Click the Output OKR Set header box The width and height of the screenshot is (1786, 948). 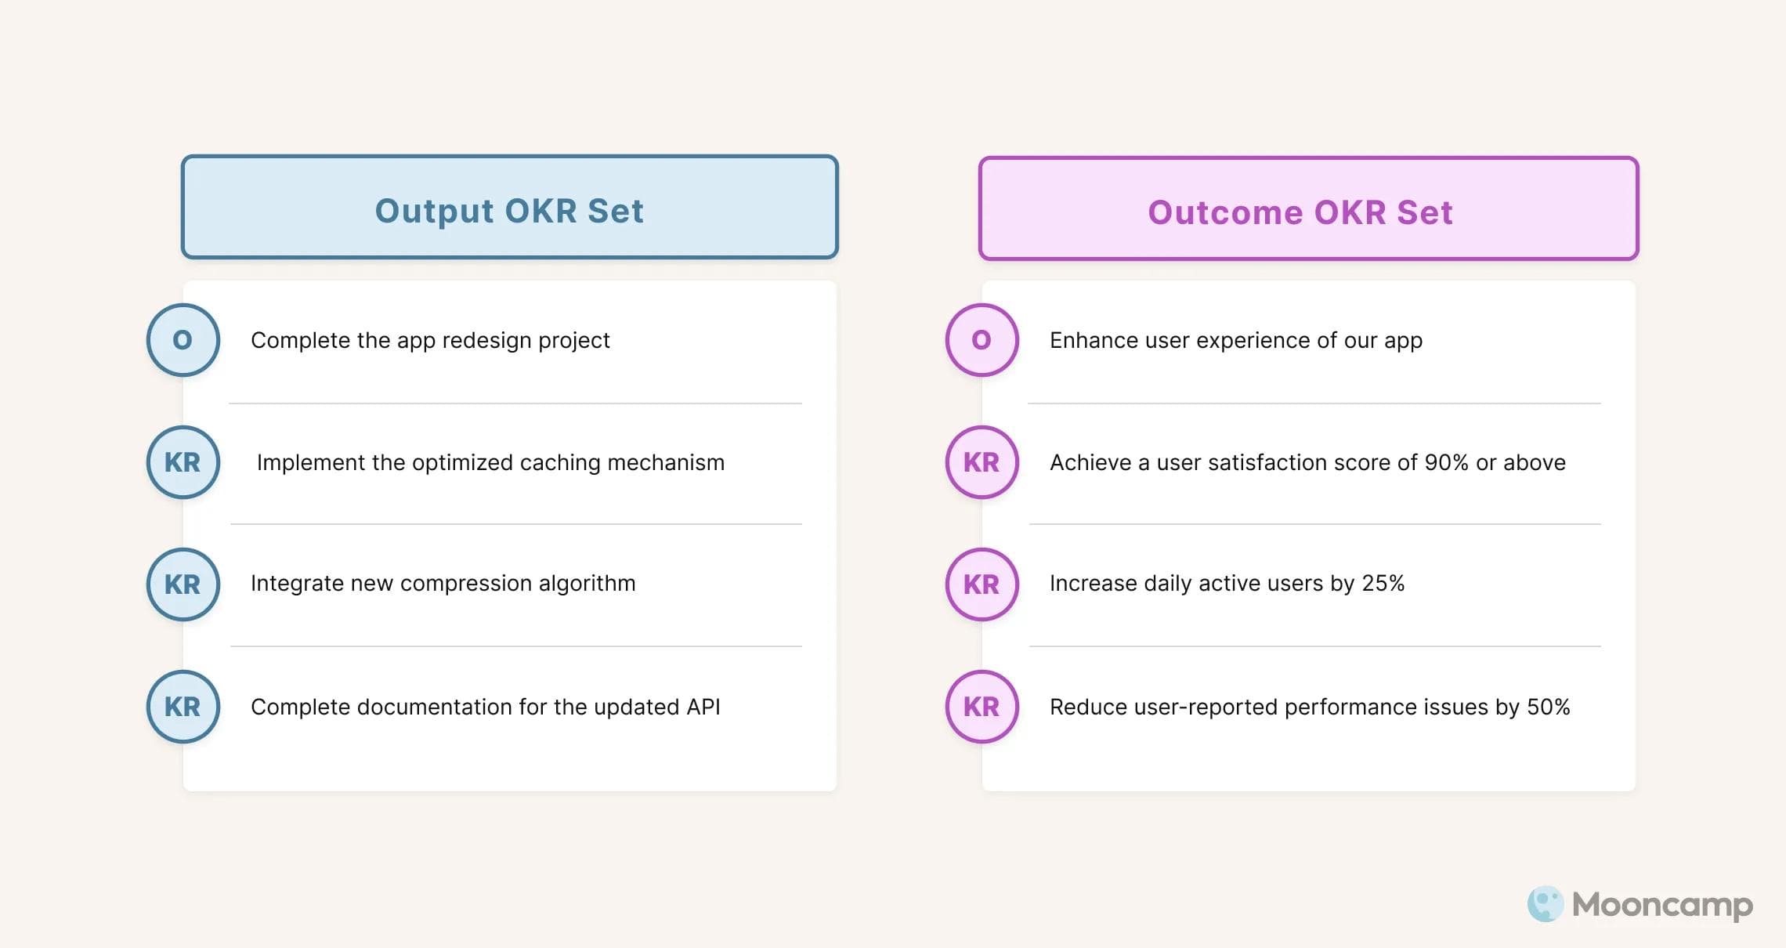point(510,208)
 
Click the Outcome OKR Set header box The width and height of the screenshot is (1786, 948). point(1308,209)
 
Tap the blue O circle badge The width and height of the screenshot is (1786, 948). point(183,340)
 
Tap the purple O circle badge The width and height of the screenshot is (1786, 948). point(982,340)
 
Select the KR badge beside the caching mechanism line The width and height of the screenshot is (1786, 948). point(183,462)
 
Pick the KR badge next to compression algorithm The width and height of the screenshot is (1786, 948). point(183,584)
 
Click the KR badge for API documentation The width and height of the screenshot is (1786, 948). point(183,707)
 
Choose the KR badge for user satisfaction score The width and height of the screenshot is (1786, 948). point(982,462)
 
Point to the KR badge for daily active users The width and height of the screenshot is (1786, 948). point(982,584)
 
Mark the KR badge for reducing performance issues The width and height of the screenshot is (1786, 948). point(982,707)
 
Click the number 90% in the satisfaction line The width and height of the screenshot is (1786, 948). point(1446,463)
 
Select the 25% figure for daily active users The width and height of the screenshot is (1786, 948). point(1383,584)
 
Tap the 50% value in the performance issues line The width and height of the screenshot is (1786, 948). point(1548,707)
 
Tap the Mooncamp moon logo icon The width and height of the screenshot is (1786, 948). point(1545,904)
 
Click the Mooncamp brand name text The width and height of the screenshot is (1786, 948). point(1662,905)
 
